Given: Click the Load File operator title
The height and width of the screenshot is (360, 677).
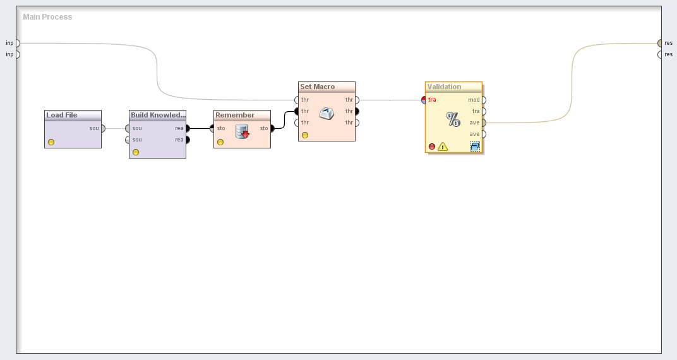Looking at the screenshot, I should click(x=62, y=115).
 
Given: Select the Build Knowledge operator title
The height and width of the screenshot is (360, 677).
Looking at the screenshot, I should click(x=158, y=115).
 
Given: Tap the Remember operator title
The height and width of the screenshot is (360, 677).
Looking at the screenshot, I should click(x=235, y=115).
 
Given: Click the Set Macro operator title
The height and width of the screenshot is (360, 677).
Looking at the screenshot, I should click(x=318, y=87).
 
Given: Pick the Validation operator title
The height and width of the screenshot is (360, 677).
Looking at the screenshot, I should click(x=445, y=87).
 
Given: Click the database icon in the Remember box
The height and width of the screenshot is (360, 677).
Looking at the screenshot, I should click(x=243, y=131).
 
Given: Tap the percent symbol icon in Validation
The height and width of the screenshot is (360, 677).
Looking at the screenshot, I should click(x=453, y=119).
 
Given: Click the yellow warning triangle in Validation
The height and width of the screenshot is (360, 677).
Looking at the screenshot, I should click(x=443, y=147).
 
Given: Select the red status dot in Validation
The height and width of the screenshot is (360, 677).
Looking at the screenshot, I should click(x=432, y=147).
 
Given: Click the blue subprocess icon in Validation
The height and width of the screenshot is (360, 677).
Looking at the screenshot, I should click(x=475, y=147).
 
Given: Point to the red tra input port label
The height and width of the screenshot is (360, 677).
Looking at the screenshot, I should click(x=432, y=100).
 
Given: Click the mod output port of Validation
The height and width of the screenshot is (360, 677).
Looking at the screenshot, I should click(x=483, y=100).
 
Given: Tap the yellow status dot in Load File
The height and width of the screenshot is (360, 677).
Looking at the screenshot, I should click(x=51, y=142).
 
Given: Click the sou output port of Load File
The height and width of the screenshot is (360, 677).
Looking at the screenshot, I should click(x=102, y=128).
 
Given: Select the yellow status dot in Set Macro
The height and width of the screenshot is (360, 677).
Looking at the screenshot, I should click(x=305, y=135).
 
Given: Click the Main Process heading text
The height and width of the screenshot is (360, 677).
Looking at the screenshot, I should click(x=47, y=17).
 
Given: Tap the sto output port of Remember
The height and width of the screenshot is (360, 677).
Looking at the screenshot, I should click(x=272, y=128).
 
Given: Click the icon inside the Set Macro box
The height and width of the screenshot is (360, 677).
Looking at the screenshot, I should click(x=327, y=114).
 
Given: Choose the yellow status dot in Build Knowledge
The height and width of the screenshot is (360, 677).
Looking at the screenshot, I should click(x=136, y=152).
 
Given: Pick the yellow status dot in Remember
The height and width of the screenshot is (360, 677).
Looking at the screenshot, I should click(x=220, y=142).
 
